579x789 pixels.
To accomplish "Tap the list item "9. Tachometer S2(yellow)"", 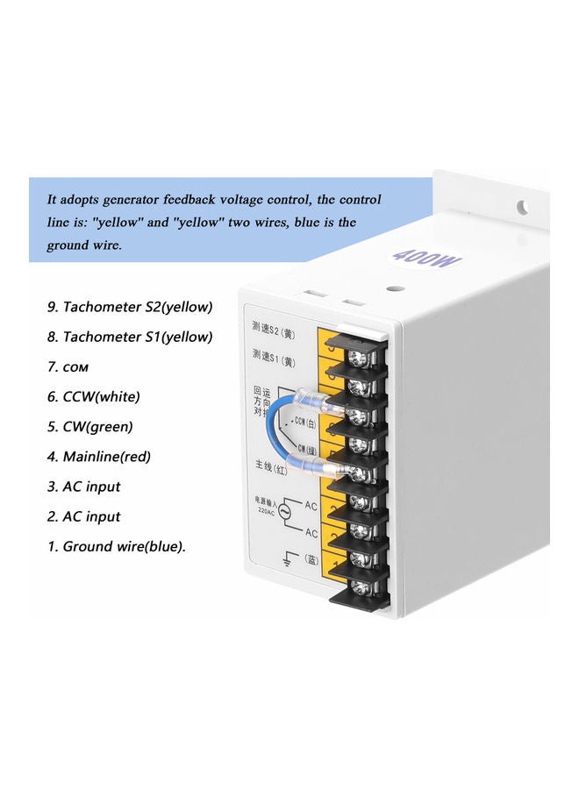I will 130,308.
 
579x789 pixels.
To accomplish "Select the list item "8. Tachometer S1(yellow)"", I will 130,338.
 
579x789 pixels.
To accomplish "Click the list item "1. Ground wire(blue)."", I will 116,546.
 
